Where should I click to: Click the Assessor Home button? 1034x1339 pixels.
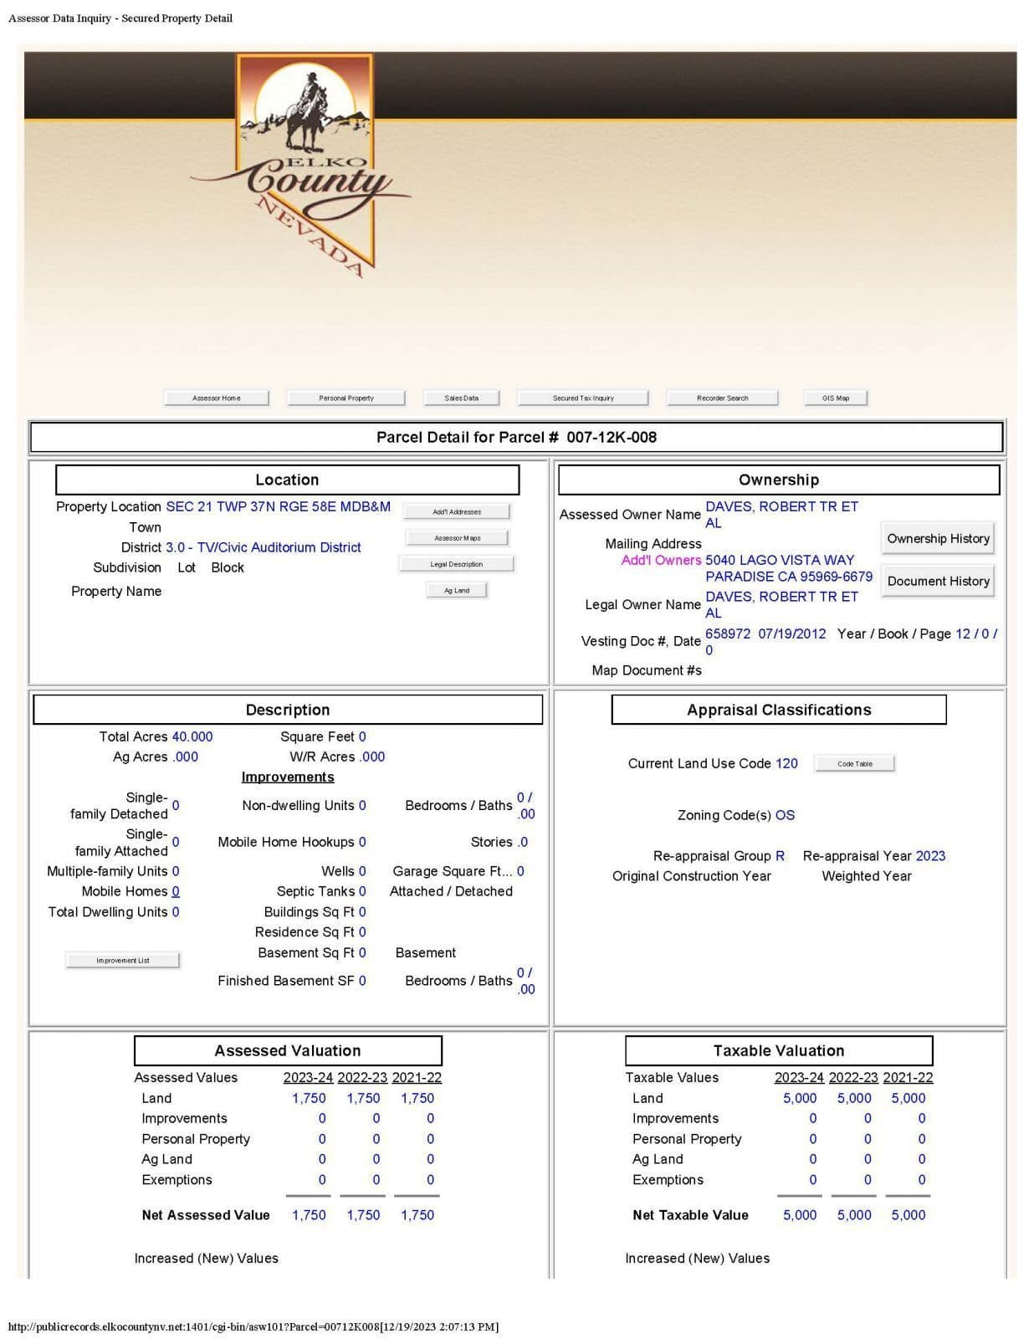click(x=216, y=398)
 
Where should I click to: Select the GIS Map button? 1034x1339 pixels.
click(x=835, y=398)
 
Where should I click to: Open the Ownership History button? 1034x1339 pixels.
click(x=938, y=539)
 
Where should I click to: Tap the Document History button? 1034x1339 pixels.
click(x=938, y=581)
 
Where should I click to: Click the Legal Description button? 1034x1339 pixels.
click(x=456, y=564)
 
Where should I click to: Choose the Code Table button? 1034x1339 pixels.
click(x=854, y=763)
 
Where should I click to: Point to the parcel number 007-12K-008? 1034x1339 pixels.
click(x=611, y=437)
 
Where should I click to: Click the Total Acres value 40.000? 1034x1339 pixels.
click(x=192, y=736)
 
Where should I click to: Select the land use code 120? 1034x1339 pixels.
click(x=786, y=763)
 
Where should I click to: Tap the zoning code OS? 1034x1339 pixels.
click(x=785, y=815)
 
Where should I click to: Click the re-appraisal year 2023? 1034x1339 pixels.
click(x=930, y=856)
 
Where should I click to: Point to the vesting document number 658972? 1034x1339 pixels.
click(x=728, y=634)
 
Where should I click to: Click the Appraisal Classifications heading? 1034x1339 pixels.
click(x=778, y=710)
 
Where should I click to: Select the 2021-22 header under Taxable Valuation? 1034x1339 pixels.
click(x=908, y=1078)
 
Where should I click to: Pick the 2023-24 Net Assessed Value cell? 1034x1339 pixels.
click(x=309, y=1215)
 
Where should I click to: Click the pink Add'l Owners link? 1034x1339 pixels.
click(x=661, y=560)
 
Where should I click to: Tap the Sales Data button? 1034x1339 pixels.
click(x=461, y=398)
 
